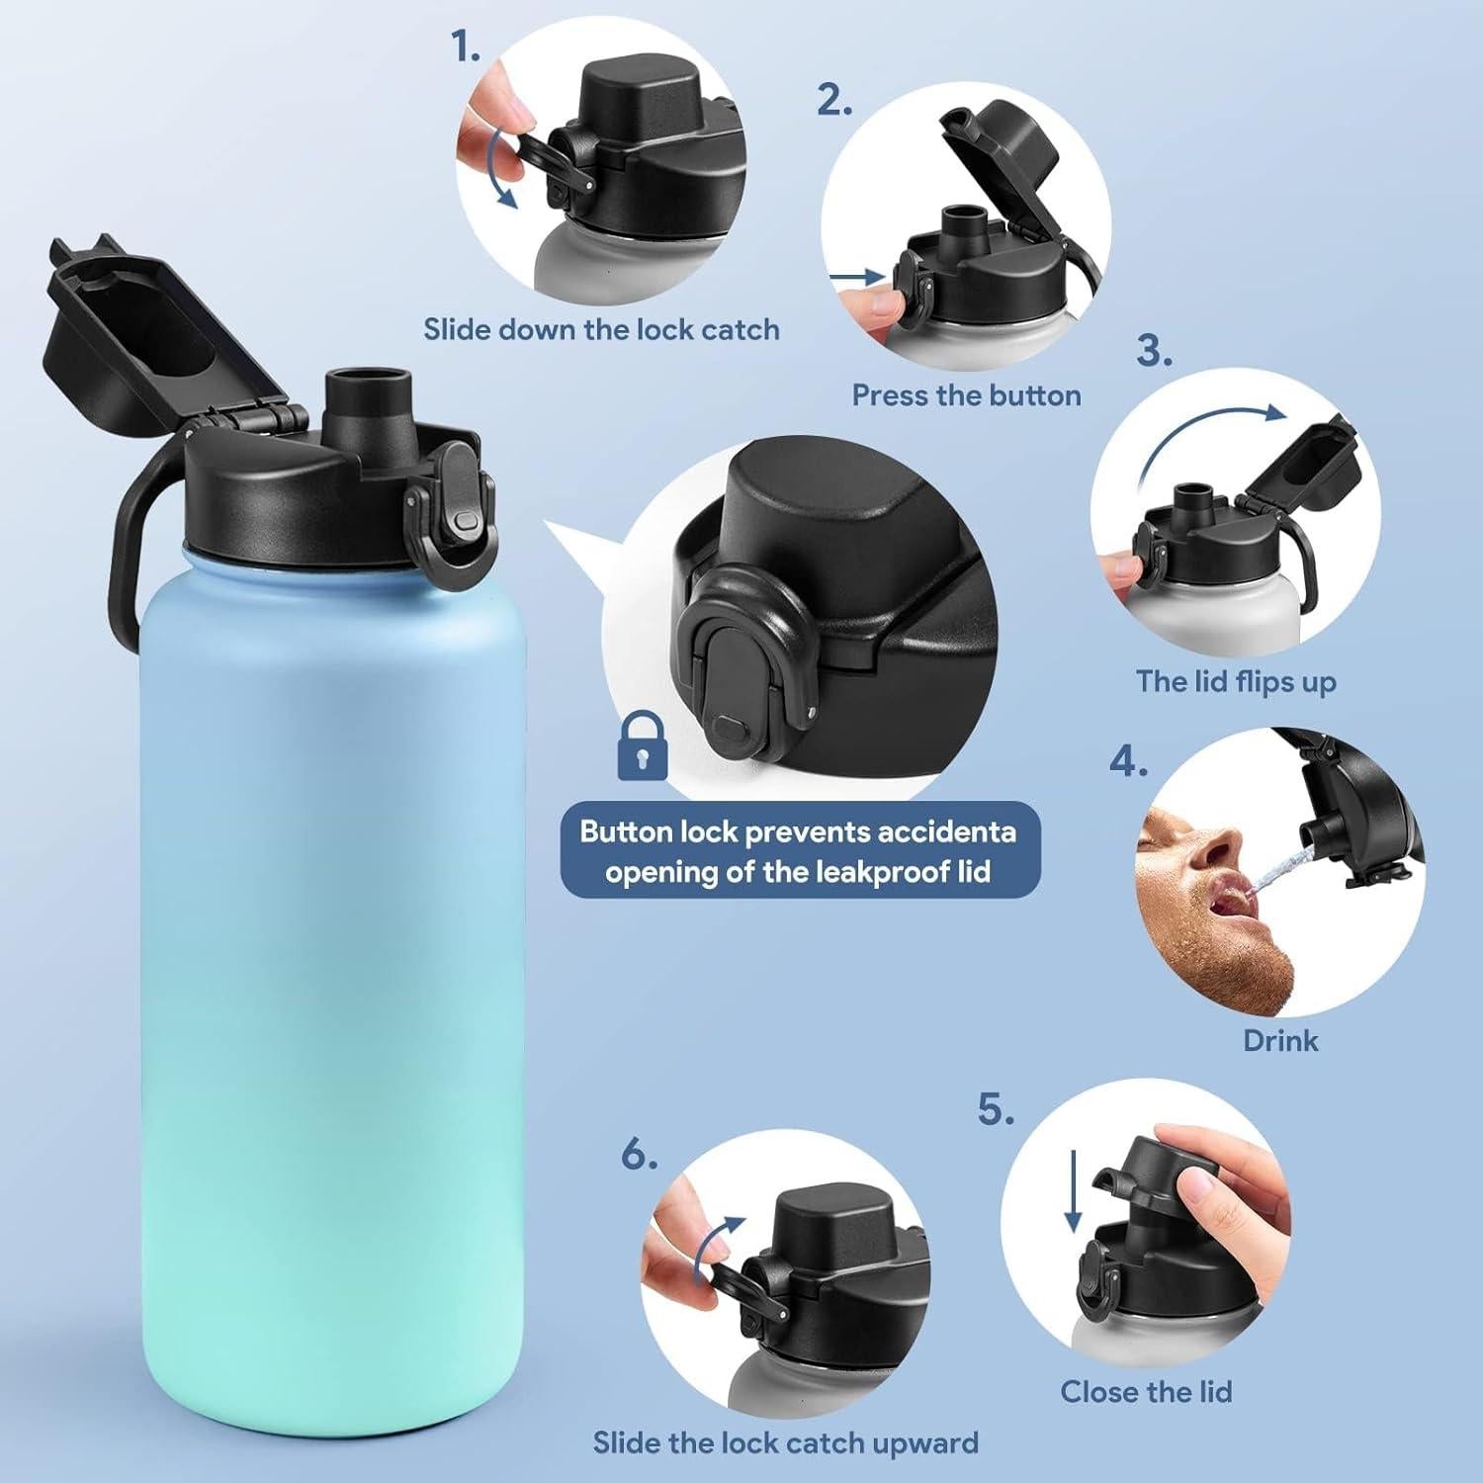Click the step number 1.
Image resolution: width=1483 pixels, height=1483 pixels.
coord(466,46)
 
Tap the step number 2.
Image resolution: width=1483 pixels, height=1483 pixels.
coord(833,100)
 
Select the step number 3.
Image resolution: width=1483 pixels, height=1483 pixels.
coord(1154,351)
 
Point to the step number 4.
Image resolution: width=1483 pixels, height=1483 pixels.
coord(1127,761)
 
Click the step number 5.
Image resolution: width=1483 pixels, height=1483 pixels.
coord(996,1109)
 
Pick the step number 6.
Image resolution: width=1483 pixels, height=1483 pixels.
coord(639,1154)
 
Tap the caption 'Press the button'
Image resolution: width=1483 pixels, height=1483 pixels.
coord(966,395)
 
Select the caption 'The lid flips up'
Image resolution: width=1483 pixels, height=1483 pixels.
coord(1236,681)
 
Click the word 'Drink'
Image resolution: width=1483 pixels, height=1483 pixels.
coord(1280,1040)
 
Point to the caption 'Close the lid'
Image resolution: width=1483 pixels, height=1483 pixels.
coord(1146,1392)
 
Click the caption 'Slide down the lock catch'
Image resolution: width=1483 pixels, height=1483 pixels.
coord(601,329)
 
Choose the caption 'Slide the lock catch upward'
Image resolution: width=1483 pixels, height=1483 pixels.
coord(785,1442)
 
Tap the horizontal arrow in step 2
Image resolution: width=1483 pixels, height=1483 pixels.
coord(856,279)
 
